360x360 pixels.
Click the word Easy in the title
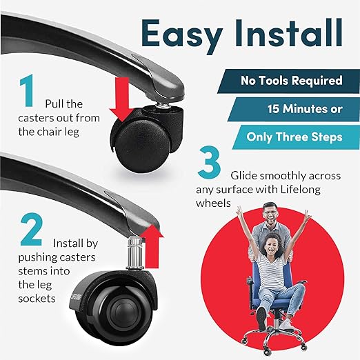tap(181, 37)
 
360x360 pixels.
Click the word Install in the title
tap(288, 33)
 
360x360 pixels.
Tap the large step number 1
tap(27, 90)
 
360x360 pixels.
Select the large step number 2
tap(32, 230)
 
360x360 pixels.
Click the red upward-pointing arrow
tap(151, 246)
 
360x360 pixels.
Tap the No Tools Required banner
tap(289, 81)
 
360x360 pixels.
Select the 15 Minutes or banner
tap(294, 109)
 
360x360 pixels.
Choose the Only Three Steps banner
tap(296, 137)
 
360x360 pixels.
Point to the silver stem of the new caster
tap(135, 253)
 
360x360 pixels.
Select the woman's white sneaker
tap(288, 325)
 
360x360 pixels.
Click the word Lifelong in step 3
tap(300, 190)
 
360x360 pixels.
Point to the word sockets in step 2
tap(37, 299)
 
